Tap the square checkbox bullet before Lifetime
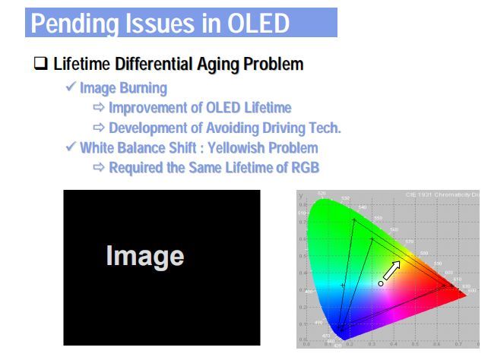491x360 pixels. [x=41, y=65]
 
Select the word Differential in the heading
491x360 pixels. [x=157, y=65]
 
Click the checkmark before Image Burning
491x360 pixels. [x=71, y=88]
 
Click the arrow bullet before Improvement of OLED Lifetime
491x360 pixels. [x=100, y=108]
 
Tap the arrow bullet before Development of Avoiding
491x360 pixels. [x=100, y=128]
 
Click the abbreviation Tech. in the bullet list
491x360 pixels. [x=323, y=128]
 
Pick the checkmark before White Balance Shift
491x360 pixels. [x=71, y=147]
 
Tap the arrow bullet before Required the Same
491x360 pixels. [x=100, y=167]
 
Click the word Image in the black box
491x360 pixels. [x=144, y=255]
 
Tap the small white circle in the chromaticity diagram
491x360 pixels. [x=381, y=283]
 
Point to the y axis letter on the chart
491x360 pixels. [x=301, y=196]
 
